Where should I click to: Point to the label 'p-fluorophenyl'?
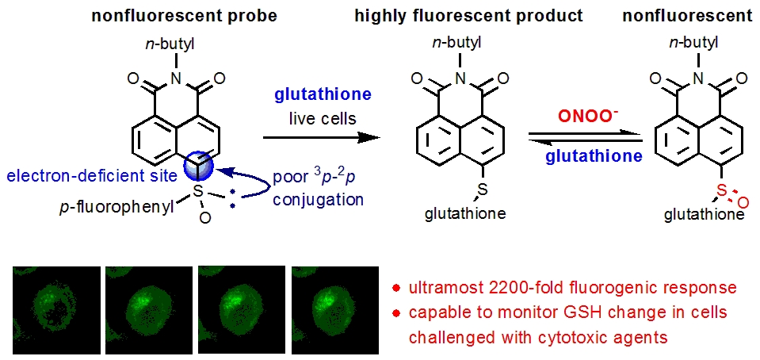point(126,207)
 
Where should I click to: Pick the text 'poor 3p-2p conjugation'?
point(317,188)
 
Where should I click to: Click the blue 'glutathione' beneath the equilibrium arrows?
point(593,156)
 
